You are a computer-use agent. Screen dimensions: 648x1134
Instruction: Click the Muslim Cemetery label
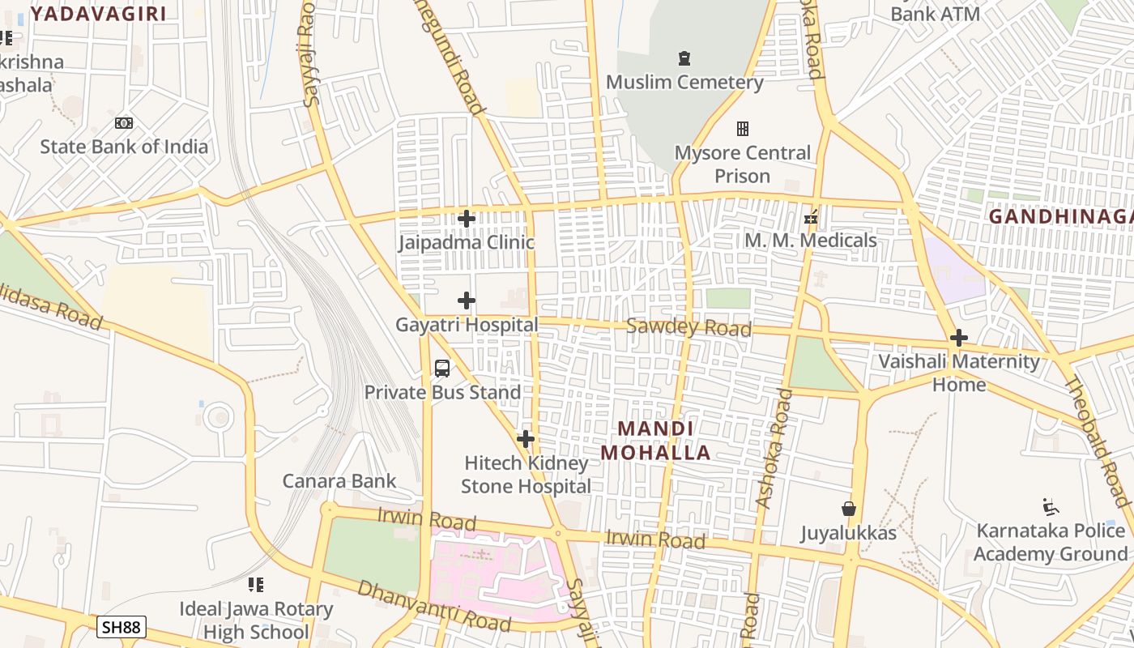(x=684, y=82)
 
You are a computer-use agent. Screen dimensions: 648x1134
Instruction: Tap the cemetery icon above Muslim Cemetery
(x=684, y=58)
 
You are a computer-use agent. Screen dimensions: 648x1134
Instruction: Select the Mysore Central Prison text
(x=742, y=164)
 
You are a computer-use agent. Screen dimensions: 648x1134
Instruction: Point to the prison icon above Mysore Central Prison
(x=742, y=129)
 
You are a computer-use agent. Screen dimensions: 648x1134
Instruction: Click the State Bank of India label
(x=124, y=147)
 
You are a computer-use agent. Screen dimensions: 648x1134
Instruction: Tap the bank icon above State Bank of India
(x=124, y=123)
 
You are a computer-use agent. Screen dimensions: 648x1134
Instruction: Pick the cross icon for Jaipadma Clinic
(x=467, y=218)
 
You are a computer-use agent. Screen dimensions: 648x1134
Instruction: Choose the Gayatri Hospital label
(x=467, y=325)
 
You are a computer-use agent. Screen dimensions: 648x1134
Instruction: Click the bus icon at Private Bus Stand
(x=442, y=369)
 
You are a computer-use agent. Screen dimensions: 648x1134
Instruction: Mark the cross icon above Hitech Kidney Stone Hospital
(x=526, y=439)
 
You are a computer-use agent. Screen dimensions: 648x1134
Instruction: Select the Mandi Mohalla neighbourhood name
(x=655, y=441)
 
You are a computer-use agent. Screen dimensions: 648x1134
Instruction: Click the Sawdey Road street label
(x=688, y=327)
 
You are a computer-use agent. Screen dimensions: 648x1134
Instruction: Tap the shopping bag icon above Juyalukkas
(x=849, y=509)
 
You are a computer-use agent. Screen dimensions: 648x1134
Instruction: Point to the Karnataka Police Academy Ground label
(x=1051, y=542)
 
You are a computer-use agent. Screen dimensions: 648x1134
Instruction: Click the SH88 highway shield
(x=122, y=627)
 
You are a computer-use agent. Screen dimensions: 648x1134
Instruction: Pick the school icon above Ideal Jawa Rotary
(x=256, y=585)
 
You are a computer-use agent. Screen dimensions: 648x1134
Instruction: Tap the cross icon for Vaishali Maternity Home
(x=959, y=338)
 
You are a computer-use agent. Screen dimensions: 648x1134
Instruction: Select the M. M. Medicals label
(x=810, y=241)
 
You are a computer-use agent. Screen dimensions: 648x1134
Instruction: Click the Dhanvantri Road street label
(x=434, y=606)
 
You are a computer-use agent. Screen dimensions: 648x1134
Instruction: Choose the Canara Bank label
(x=339, y=481)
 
